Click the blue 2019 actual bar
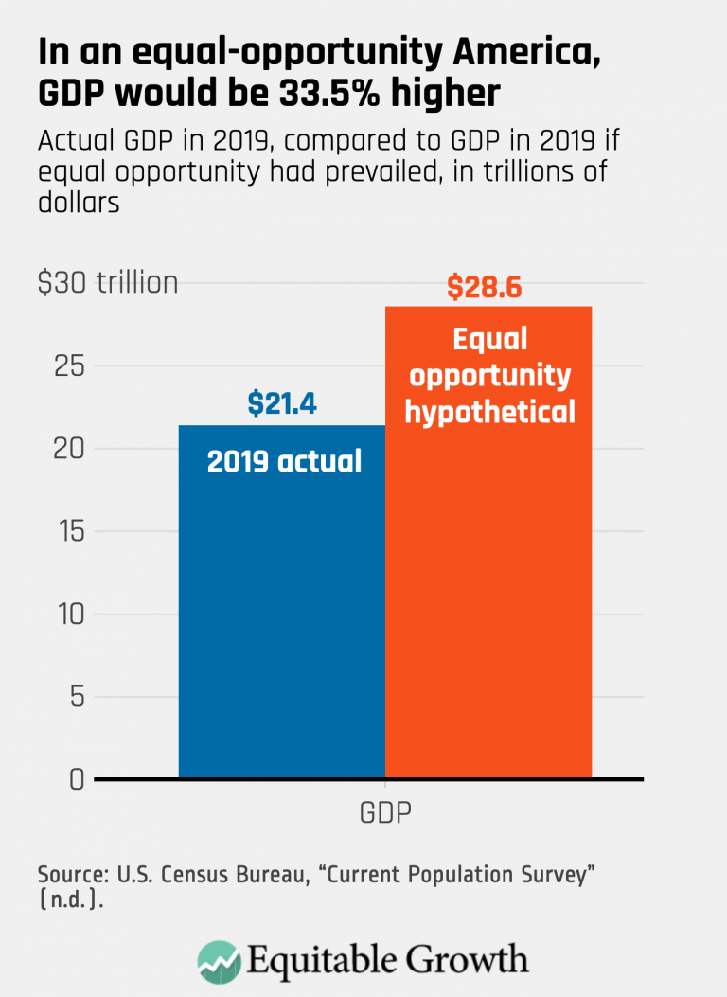tap(281, 615)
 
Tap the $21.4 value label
tap(281, 403)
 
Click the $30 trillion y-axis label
tap(108, 282)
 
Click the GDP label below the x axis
tap(385, 812)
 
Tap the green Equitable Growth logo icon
tap(219, 962)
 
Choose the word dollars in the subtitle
tap(79, 203)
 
